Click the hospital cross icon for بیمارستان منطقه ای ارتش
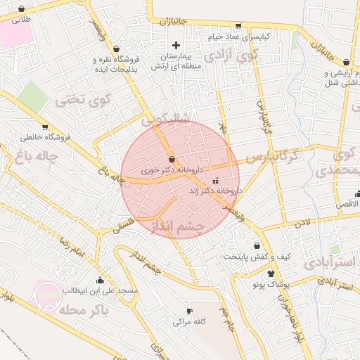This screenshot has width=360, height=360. tap(176, 45)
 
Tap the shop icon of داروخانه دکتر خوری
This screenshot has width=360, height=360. tap(172, 160)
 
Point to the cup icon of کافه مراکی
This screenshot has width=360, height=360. tap(188, 311)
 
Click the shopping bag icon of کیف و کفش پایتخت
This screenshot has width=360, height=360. tap(258, 245)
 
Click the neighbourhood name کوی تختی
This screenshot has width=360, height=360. tap(84, 101)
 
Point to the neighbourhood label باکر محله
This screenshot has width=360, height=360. tap(91, 309)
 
